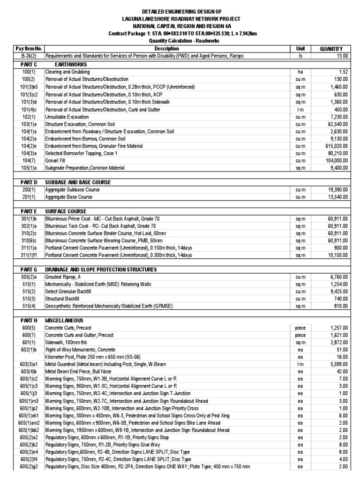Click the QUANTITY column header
tap(331, 48)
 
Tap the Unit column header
tap(300, 48)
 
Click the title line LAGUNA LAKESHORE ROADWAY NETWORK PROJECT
tap(180, 18)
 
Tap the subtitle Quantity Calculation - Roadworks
tap(180, 41)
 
